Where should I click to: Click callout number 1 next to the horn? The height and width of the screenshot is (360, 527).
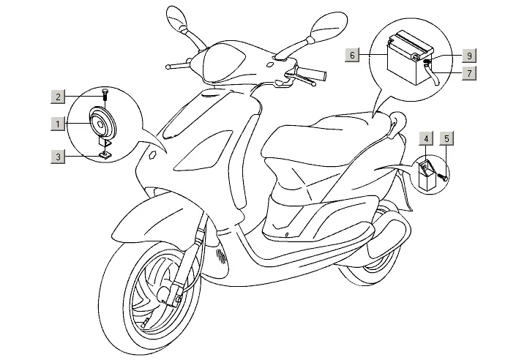coord(56,124)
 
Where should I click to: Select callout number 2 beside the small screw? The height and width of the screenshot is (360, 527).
coord(56,96)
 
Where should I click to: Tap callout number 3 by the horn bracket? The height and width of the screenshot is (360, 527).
coord(56,156)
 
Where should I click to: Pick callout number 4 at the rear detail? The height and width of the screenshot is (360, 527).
coord(425,137)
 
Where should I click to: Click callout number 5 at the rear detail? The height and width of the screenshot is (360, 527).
coord(446,137)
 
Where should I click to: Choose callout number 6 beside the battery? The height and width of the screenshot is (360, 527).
coord(353,55)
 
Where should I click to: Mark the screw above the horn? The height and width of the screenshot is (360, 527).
coord(105,93)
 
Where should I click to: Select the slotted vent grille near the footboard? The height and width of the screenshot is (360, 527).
coord(221,257)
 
